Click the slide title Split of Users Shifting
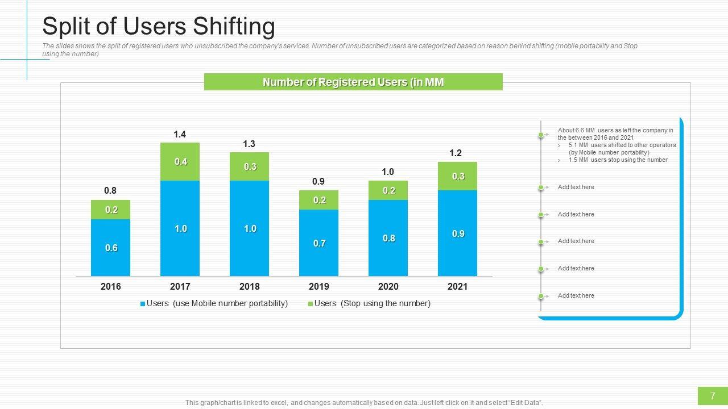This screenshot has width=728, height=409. tap(159, 27)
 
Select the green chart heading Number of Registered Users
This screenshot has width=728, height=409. tap(353, 82)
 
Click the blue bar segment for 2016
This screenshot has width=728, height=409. tap(111, 248)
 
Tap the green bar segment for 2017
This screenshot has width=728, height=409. tap(180, 162)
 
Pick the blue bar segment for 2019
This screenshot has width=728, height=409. tap(319, 243)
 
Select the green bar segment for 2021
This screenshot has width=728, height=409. tap(458, 176)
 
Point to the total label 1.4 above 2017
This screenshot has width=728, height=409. tap(180, 135)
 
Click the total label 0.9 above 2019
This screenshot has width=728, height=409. tap(318, 182)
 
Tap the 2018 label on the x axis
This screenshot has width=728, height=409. tap(250, 287)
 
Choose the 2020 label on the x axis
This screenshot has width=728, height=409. tap(388, 287)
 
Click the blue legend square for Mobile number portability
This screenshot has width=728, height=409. tap(143, 304)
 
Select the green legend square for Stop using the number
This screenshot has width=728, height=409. tap(311, 304)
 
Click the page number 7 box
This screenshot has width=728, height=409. tap(713, 396)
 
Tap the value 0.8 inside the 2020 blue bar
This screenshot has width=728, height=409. tap(388, 239)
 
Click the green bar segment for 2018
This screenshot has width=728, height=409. tap(250, 166)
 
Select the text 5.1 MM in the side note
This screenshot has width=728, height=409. tap(578, 145)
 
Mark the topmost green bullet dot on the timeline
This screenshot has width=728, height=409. tap(541, 135)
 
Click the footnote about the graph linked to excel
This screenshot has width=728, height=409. tap(364, 403)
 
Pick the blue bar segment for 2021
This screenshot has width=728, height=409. tap(458, 233)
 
